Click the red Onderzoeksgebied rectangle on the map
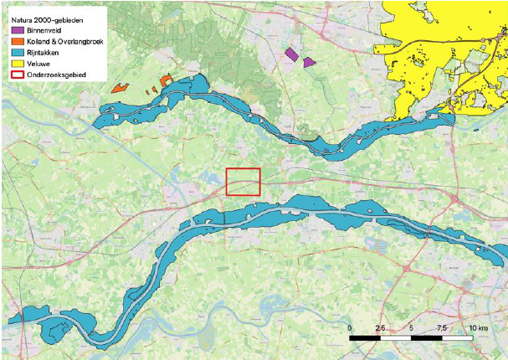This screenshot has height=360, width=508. pyautogui.click(x=244, y=182)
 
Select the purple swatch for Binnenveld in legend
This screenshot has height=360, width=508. pyautogui.click(x=18, y=30)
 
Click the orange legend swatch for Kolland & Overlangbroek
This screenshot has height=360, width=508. pyautogui.click(x=18, y=42)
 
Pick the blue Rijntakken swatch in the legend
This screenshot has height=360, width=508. pyautogui.click(x=18, y=54)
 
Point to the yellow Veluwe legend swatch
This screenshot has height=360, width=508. pyautogui.click(x=18, y=65)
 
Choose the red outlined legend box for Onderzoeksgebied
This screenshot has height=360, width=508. pyautogui.click(x=18, y=77)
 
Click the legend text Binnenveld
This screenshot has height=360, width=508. pyautogui.click(x=45, y=30)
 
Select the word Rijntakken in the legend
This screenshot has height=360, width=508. pyautogui.click(x=45, y=54)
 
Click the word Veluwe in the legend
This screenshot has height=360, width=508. pyautogui.click(x=39, y=65)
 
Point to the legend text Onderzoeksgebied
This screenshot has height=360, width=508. pyautogui.click(x=54, y=77)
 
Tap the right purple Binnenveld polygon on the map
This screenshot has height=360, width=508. pyautogui.click(x=310, y=62)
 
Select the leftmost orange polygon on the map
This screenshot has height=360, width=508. pyautogui.click(x=120, y=86)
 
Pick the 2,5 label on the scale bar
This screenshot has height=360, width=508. pyautogui.click(x=381, y=327)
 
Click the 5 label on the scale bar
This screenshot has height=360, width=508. pyautogui.click(x=412, y=327)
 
